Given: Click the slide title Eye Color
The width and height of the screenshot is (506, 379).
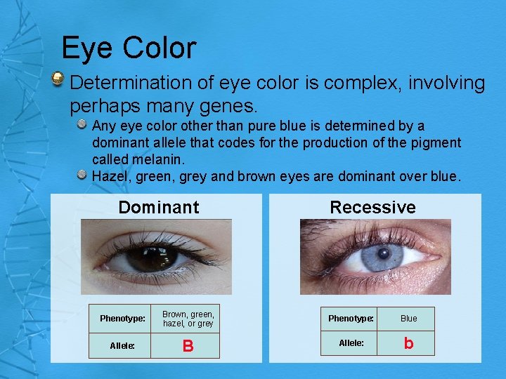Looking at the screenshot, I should point(129,48).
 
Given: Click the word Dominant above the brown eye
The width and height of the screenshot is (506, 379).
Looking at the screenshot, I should point(159,208).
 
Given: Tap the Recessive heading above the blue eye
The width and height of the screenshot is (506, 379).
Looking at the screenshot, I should point(372,208).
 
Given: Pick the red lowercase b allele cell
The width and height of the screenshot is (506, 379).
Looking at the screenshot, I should point(408,343).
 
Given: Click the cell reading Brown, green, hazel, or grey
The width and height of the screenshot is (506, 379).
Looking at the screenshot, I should point(188,319).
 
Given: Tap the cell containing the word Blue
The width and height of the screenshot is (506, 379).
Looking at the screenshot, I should point(408,319).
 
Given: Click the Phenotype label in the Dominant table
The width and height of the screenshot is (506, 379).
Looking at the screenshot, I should point(122,319).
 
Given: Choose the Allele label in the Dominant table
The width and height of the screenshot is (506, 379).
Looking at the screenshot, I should point(122,345).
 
